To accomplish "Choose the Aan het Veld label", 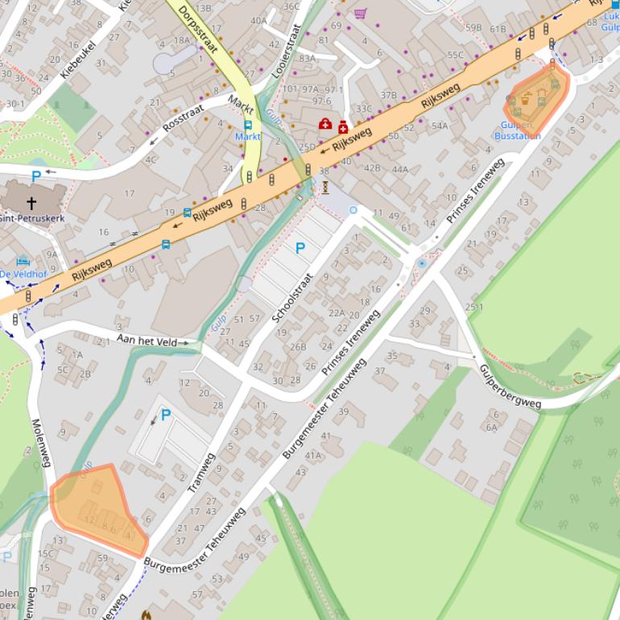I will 147,341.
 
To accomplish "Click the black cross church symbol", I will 31,202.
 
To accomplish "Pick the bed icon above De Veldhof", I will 23,262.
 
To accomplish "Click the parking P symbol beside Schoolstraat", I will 300,249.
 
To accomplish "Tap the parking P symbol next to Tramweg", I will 166,415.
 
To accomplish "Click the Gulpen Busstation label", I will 517,130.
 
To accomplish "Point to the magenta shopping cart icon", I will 360,13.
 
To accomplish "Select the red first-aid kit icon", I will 325,124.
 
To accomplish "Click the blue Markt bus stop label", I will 247,137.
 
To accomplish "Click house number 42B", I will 372,168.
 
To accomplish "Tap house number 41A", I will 312,455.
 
